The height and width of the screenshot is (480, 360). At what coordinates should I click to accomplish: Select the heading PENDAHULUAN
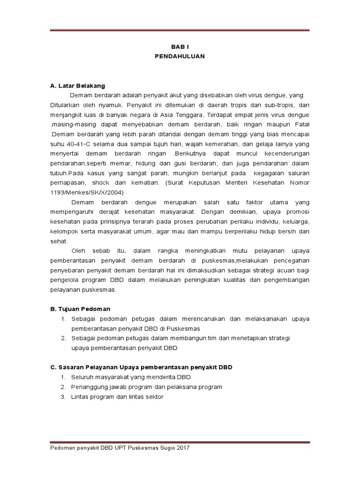click(x=180, y=56)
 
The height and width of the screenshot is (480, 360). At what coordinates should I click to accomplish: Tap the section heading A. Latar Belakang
click(x=78, y=86)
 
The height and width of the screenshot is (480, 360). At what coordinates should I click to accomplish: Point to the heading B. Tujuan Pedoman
click(x=80, y=309)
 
